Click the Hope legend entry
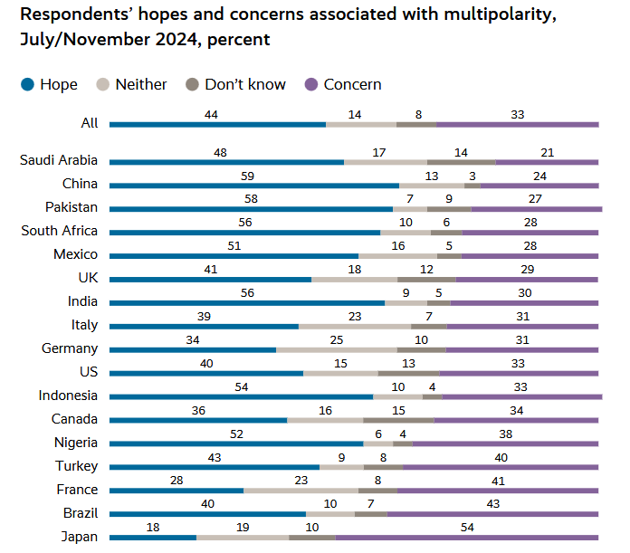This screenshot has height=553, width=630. [x=58, y=84]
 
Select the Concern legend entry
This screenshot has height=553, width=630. [x=352, y=84]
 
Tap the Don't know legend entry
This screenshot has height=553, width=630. [x=244, y=84]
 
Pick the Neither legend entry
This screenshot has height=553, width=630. [x=141, y=84]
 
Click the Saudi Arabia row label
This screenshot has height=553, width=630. [x=59, y=160]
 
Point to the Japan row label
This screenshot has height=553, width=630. [x=79, y=537]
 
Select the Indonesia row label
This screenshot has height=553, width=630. [x=68, y=396]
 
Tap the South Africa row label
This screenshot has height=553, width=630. [x=60, y=231]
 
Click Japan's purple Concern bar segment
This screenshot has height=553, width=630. [x=467, y=538]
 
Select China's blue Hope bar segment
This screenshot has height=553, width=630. [x=254, y=185]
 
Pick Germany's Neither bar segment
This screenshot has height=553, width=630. [x=337, y=349]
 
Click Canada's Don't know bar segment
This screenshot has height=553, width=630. [x=398, y=420]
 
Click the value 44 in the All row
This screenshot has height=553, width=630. [x=212, y=114]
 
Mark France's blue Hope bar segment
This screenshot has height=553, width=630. [x=177, y=491]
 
